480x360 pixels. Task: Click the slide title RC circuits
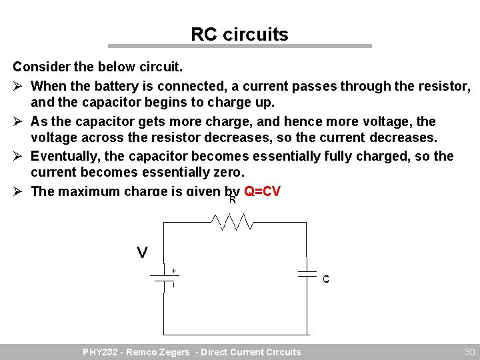click(x=239, y=34)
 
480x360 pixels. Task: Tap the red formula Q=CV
click(x=262, y=191)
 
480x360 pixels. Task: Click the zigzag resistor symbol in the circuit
click(x=230, y=221)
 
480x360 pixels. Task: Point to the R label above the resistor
click(x=233, y=199)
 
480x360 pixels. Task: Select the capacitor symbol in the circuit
click(x=307, y=273)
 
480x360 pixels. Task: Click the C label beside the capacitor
click(x=326, y=279)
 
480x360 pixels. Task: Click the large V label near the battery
click(x=142, y=253)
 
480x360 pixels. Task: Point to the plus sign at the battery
click(x=174, y=271)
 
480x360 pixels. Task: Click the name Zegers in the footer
click(x=175, y=352)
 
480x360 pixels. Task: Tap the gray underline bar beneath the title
click(x=239, y=46)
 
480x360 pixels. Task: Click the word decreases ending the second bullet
click(x=404, y=137)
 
